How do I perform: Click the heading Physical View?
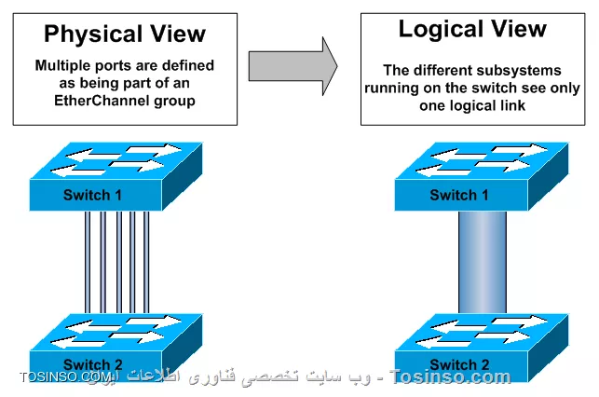coord(125,35)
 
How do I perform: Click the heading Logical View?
coord(472,29)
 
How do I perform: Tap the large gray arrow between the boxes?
coord(292,65)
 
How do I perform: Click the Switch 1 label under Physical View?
coord(93,195)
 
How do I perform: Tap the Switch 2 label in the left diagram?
coord(93,363)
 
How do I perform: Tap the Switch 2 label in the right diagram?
coord(459,364)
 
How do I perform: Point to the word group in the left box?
coord(176,100)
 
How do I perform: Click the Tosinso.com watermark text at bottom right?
coord(450,377)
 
